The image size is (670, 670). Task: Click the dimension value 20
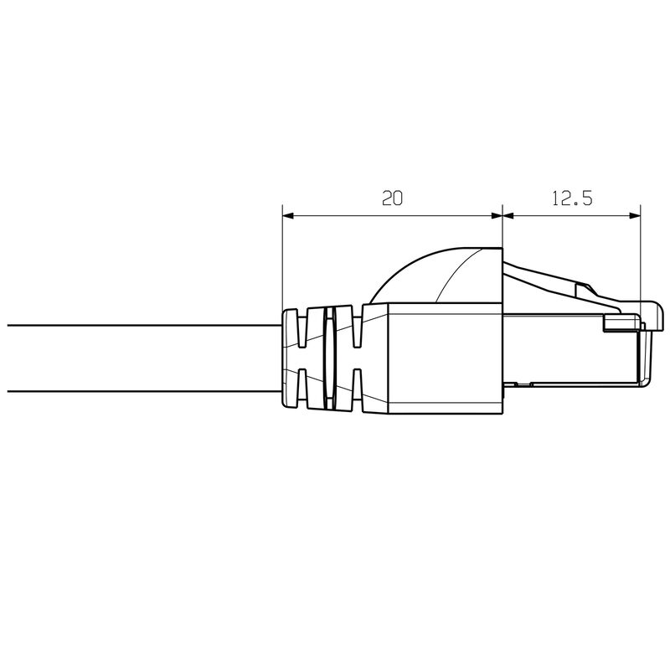point(392,198)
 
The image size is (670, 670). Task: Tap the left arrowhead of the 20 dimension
point(288,216)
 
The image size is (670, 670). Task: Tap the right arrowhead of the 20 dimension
point(496,216)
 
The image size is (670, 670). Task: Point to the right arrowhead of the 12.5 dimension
point(635,216)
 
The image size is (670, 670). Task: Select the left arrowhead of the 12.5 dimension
point(508,216)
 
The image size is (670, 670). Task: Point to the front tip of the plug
point(645,352)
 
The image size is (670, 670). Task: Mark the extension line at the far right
point(641,251)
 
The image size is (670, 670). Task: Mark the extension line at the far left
point(282,260)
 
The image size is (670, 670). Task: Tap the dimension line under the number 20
point(392,216)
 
